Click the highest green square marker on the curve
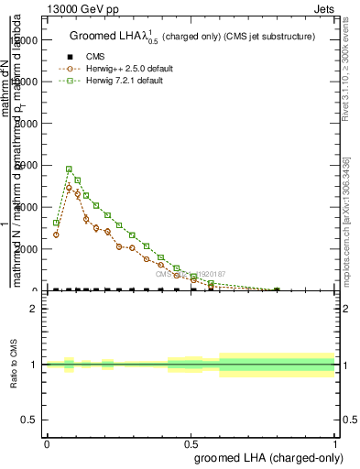(x=69, y=169)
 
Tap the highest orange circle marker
(x=69, y=188)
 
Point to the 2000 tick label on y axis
(x=26, y=248)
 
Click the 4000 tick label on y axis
(x=26, y=207)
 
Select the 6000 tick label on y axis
(x=26, y=165)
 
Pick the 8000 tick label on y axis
(x=26, y=123)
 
